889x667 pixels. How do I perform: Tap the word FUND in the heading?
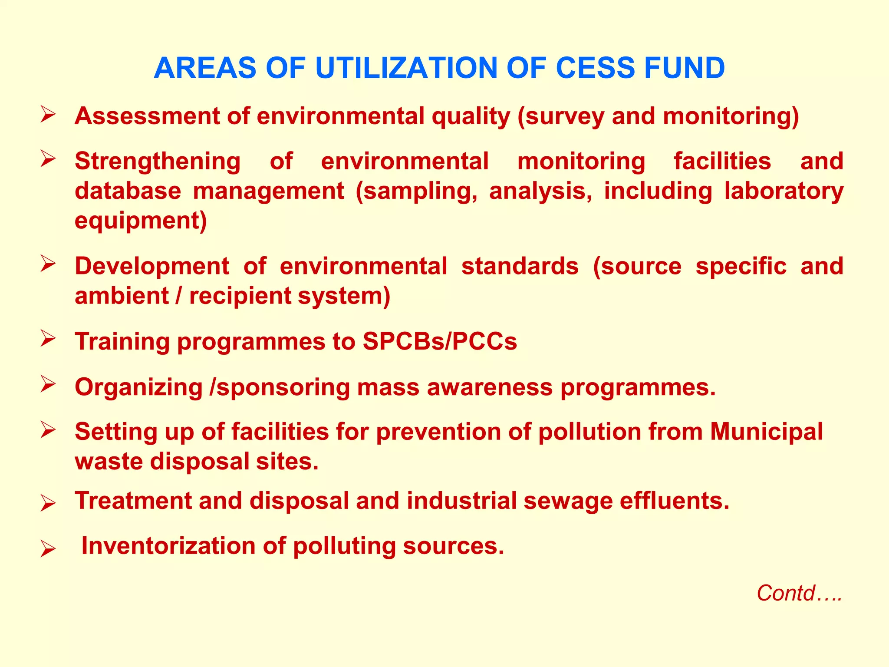click(x=685, y=68)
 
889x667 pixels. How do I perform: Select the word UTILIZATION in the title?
click(x=405, y=68)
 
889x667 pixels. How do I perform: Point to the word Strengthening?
click(x=158, y=162)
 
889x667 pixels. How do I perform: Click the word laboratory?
click(x=784, y=191)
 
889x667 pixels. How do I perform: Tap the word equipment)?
click(x=141, y=221)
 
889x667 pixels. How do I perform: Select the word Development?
click(x=152, y=266)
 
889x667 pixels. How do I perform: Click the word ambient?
click(x=122, y=296)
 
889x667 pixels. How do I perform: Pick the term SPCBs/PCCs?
click(x=440, y=341)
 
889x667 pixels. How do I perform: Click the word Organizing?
click(x=138, y=387)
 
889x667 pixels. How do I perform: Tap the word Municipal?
click(x=766, y=432)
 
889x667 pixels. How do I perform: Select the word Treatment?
click(x=133, y=501)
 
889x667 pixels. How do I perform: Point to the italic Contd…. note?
click(x=799, y=593)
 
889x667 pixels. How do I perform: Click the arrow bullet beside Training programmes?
click(x=48, y=338)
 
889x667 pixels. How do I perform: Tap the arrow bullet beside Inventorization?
click(x=48, y=549)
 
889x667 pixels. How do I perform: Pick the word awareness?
click(x=490, y=387)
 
